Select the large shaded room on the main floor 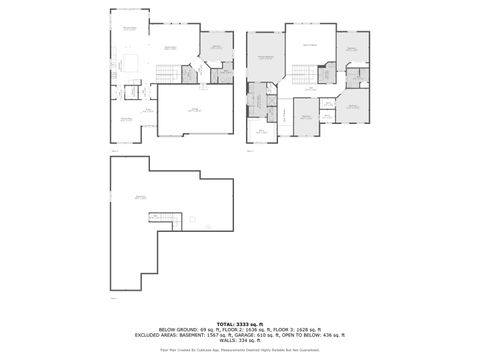(216, 47)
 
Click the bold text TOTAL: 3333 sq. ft (239, 325)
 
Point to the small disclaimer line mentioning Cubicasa (239, 351)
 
